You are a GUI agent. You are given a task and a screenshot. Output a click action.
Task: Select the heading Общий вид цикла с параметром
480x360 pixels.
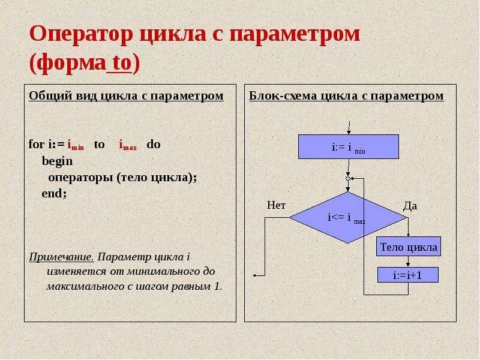coord(126,96)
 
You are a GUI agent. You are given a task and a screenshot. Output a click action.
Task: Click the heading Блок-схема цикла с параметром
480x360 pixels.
coord(346,96)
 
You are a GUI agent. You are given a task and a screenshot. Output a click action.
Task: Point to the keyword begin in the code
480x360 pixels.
coord(57,161)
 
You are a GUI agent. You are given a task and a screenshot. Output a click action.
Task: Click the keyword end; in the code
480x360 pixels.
coord(54,194)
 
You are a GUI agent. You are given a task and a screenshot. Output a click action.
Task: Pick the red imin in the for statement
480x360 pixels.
coord(76,145)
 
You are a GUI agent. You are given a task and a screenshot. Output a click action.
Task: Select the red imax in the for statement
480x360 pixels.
coord(128,145)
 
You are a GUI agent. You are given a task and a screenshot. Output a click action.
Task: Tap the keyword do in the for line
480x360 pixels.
coord(154,145)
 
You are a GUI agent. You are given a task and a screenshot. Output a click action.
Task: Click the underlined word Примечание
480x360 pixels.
coord(61,257)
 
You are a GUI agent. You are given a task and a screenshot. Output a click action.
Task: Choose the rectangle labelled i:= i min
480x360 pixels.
coord(349,146)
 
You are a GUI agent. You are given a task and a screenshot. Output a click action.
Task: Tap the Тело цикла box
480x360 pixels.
coord(408,247)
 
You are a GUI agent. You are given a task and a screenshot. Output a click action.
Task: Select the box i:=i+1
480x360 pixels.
coord(408,275)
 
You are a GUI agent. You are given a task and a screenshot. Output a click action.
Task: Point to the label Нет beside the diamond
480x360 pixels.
coord(276,205)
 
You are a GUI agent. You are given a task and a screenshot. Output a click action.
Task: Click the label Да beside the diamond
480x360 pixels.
coord(410,206)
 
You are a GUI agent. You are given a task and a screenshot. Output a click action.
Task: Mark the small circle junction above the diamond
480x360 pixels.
coord(348,178)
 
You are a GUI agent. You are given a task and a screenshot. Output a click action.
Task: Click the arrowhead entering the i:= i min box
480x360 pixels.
coord(349,132)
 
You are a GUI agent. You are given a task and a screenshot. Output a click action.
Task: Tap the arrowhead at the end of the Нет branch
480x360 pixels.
coord(255,275)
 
